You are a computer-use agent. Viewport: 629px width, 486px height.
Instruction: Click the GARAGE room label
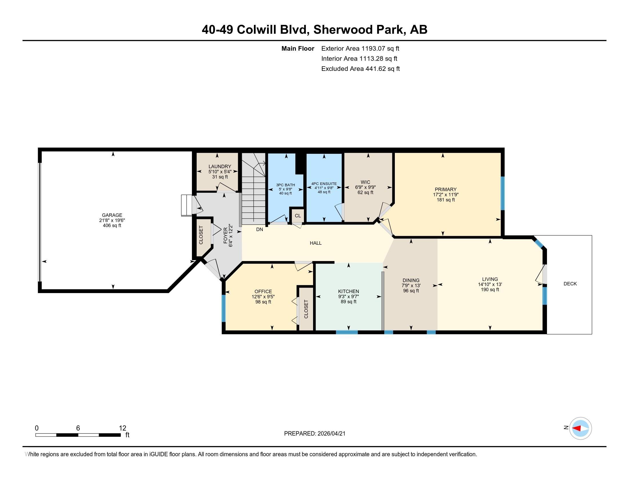[112, 215]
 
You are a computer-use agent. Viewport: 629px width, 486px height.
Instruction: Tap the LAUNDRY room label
[220, 166]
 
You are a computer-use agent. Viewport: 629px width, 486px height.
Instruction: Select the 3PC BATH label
[285, 185]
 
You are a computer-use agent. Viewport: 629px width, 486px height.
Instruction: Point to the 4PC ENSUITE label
[324, 184]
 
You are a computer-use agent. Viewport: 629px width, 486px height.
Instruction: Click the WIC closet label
[365, 182]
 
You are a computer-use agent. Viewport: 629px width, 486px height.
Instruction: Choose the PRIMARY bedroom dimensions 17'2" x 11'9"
[445, 195]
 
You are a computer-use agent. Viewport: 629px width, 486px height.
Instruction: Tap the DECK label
[570, 284]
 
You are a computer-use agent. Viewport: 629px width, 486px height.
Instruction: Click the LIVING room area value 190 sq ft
[489, 290]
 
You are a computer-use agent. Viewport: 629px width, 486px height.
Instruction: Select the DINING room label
[411, 280]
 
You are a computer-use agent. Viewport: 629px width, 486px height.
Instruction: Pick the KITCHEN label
[349, 291]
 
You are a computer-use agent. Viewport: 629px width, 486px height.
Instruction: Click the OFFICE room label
[263, 291]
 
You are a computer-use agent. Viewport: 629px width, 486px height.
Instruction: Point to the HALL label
[316, 243]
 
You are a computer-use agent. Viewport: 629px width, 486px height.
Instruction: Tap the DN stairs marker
[260, 230]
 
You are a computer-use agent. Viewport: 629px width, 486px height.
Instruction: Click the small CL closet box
[298, 216]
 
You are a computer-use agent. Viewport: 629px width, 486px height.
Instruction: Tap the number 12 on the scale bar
[122, 428]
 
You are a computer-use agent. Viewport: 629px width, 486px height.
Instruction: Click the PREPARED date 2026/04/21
[331, 434]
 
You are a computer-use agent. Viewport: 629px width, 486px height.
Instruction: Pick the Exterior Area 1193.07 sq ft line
[360, 48]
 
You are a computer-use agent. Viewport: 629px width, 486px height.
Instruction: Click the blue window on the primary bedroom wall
[503, 193]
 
